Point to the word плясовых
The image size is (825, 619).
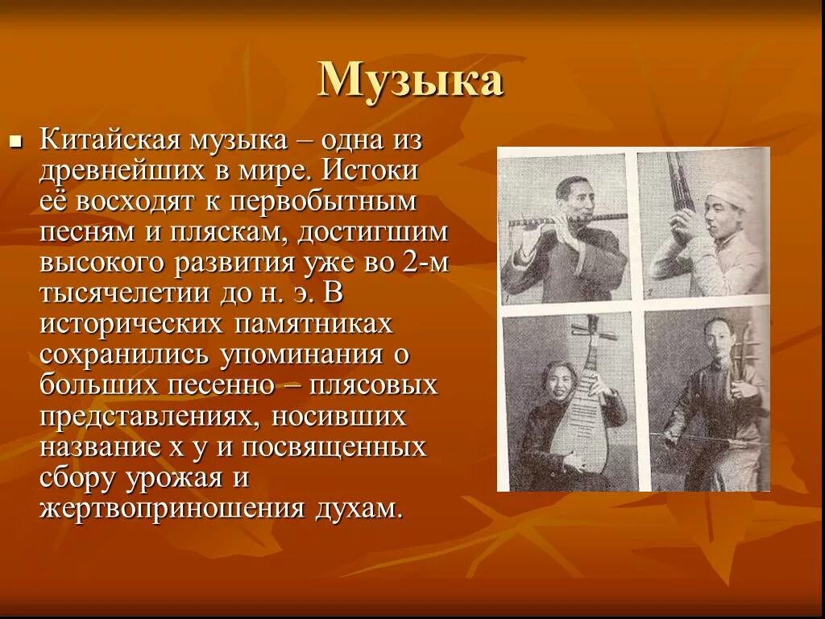(377, 385)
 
